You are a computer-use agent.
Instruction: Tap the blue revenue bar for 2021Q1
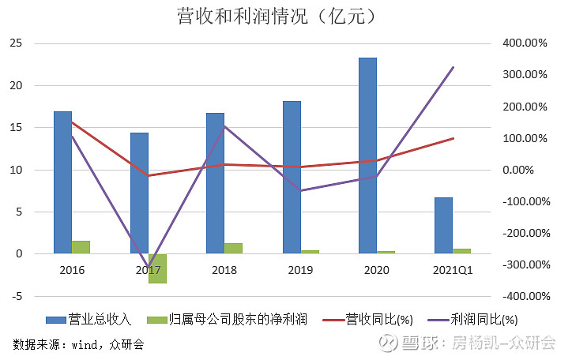point(443,226)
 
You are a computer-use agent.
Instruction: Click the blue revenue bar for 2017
point(139,193)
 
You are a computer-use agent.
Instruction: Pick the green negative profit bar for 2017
point(157,268)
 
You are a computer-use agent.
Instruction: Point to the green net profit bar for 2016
point(81,247)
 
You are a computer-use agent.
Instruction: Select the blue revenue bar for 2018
point(215,183)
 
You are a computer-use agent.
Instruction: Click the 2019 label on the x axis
point(300,270)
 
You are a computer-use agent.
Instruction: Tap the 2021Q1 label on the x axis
point(453,270)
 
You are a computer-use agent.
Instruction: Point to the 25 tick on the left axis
point(14,43)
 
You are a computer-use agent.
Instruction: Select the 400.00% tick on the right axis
point(524,43)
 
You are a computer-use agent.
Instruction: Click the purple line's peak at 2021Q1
point(453,67)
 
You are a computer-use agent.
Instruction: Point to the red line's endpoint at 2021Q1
point(453,138)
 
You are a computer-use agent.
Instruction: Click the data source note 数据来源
point(78,344)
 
